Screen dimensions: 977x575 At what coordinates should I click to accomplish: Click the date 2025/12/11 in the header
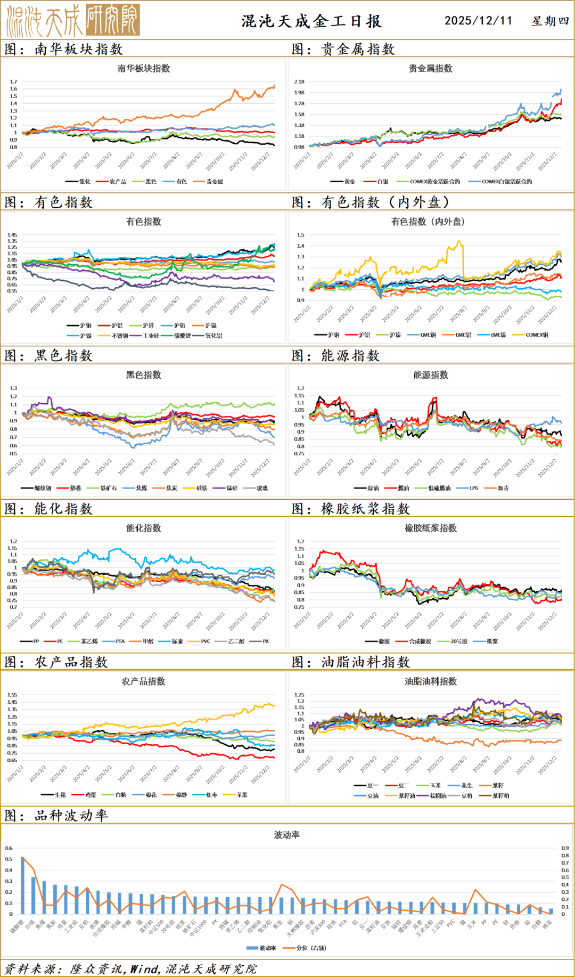(478, 21)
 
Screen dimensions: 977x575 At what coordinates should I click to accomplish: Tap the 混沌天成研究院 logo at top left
(73, 20)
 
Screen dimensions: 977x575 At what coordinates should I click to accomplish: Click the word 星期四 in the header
(550, 21)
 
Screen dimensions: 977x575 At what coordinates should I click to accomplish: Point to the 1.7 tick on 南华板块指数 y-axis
(13, 82)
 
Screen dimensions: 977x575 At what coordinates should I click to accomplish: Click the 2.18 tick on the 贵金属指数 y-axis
(299, 82)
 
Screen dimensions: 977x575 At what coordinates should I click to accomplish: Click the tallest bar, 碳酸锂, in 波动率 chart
(22, 885)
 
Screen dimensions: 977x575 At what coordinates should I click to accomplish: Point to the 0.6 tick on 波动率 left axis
(9, 848)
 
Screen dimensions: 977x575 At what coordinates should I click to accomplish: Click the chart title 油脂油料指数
(430, 681)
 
